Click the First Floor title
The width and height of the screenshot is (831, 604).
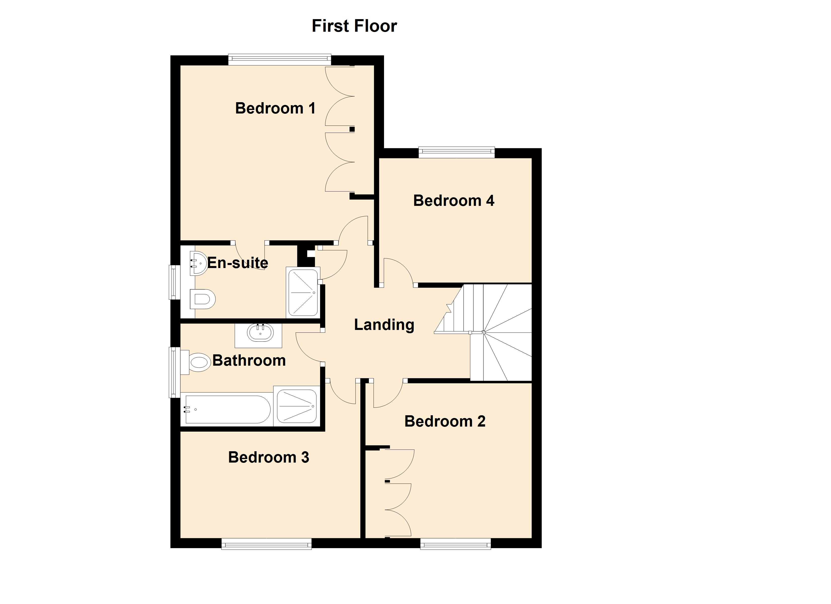click(354, 26)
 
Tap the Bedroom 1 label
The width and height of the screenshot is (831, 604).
click(275, 108)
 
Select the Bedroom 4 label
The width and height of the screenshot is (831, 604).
click(454, 201)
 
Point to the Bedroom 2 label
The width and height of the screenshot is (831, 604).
click(445, 421)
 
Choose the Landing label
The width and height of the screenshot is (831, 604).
click(384, 325)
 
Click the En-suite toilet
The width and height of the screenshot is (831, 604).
click(202, 299)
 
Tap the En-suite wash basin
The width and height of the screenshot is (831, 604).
click(198, 263)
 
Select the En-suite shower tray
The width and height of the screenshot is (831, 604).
click(303, 293)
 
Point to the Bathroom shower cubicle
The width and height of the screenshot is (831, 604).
click(296, 406)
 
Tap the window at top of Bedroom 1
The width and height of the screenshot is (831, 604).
click(279, 59)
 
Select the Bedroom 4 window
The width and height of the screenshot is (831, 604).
click(456, 152)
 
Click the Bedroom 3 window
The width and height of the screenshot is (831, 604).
click(266, 544)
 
